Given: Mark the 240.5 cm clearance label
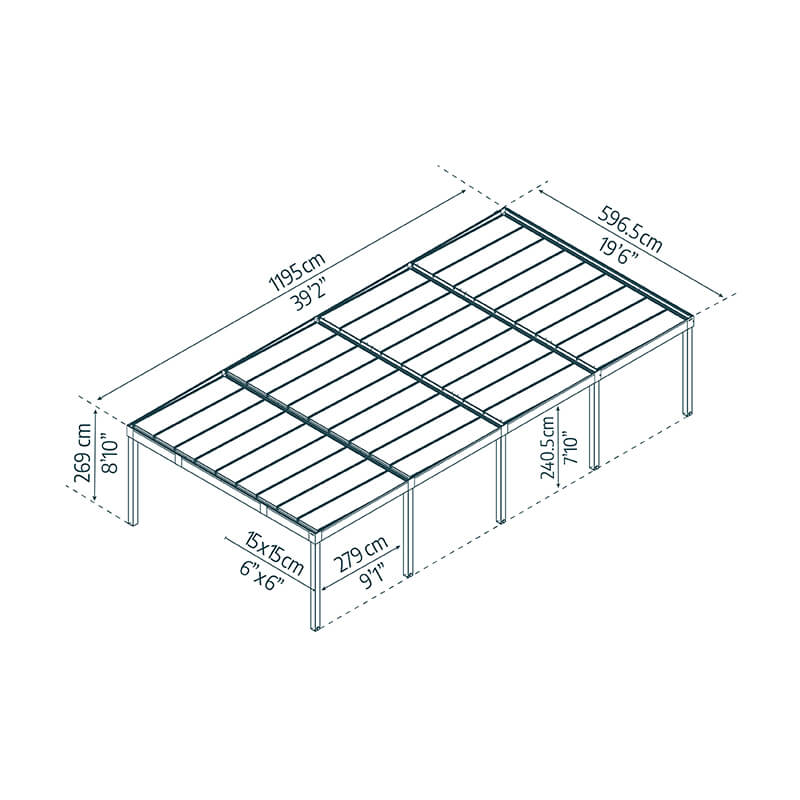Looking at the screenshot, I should tap(547, 444).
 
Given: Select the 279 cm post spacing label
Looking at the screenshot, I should tap(360, 554).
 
